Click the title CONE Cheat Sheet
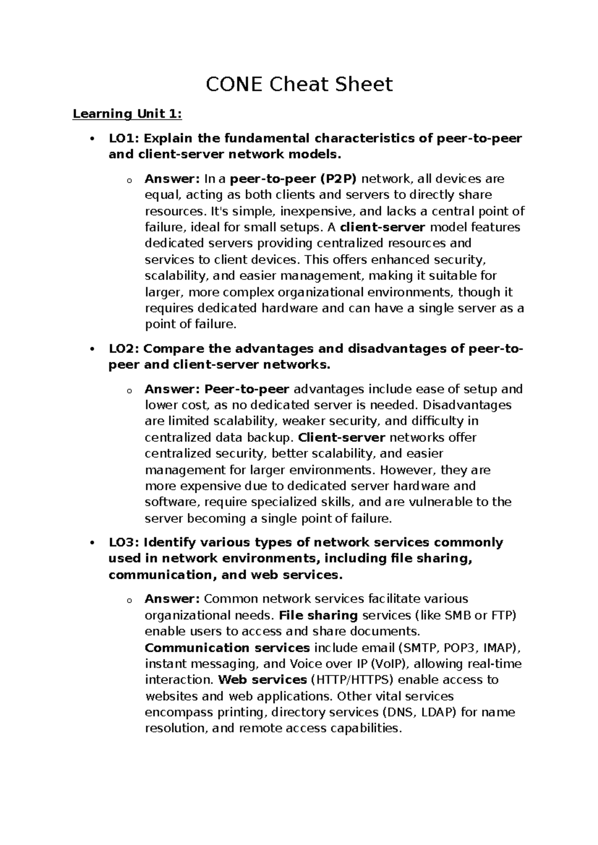coord(299,84)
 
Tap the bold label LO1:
coord(124,138)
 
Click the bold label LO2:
coord(124,348)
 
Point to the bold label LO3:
coord(124,542)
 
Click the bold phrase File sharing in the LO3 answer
coord(319,615)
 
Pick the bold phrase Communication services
coord(227,648)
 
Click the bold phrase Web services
coord(263,680)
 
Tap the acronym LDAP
coord(439,712)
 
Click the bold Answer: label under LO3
coord(172,599)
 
